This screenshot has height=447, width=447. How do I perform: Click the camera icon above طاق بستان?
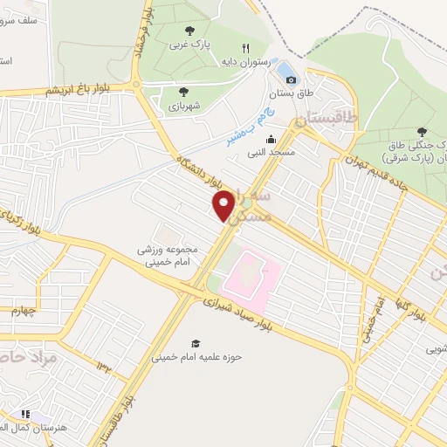coord(291,79)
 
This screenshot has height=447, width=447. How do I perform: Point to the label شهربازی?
coord(182,105)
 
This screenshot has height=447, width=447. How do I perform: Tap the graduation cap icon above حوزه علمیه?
coord(196,343)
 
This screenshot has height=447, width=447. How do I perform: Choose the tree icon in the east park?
coord(422,131)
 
